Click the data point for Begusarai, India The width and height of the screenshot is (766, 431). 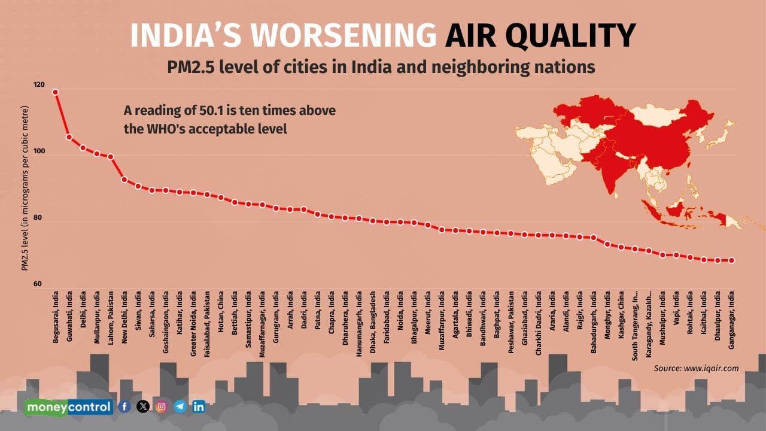point(56,92)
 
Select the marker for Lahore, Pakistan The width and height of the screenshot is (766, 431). point(111,157)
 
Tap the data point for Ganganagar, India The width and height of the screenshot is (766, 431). point(731,260)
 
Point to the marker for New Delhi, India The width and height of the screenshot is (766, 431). point(124,180)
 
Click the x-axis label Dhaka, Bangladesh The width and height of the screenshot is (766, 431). point(372,324)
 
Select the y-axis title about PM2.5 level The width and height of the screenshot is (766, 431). point(25,189)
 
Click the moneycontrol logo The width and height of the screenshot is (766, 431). point(69,407)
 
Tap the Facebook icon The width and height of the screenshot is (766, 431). point(124,406)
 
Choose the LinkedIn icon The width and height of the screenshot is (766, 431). point(199,406)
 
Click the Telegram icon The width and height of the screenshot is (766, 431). point(180,406)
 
